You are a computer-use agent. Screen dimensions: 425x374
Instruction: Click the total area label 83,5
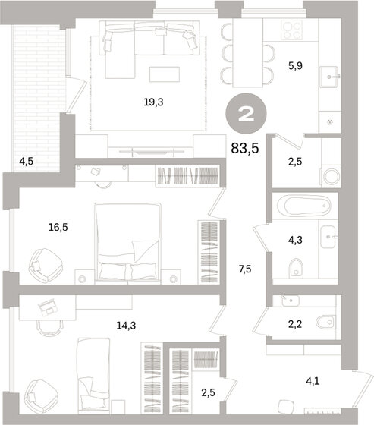pyautogui.click(x=245, y=148)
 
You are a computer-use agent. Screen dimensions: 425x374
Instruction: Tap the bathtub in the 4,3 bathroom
pyautogui.click(x=302, y=206)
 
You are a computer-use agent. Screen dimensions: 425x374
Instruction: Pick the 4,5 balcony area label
pyautogui.click(x=26, y=160)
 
